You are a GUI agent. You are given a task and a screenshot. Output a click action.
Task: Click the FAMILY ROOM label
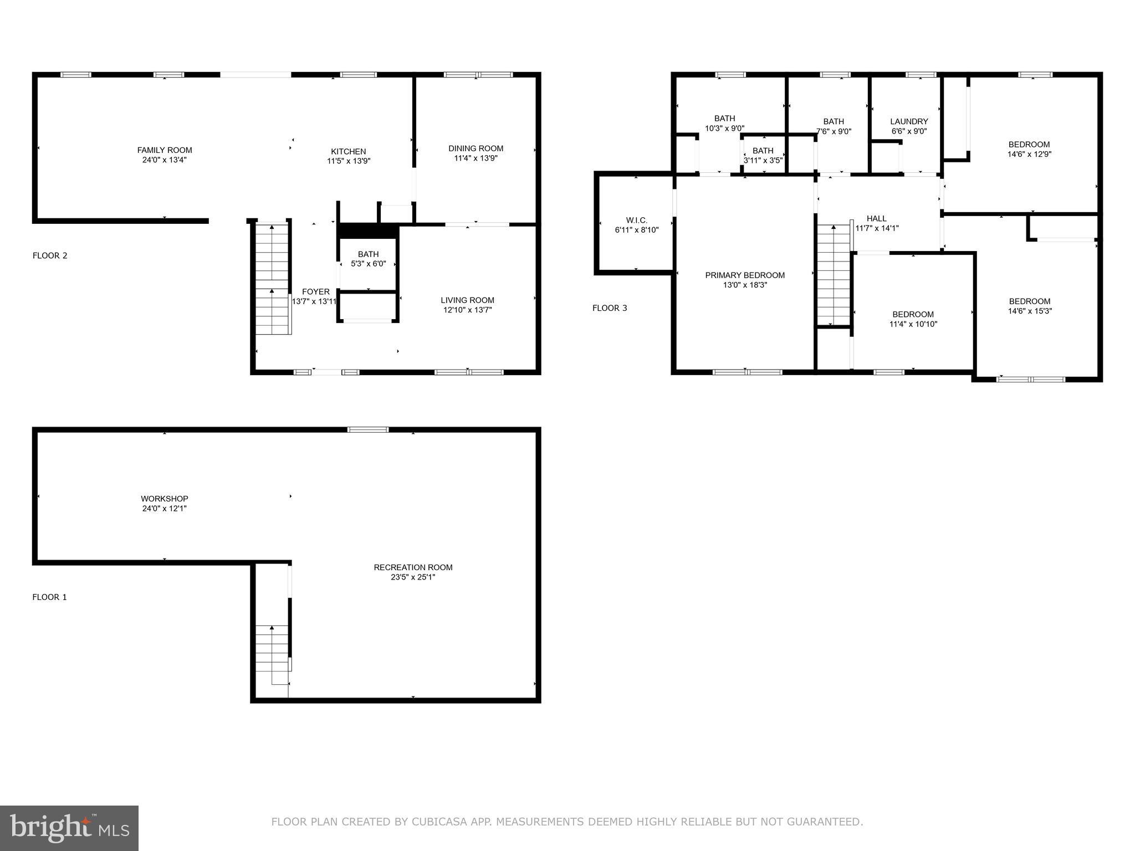point(165,150)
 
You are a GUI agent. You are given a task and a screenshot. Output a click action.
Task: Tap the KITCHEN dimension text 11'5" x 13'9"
point(348,161)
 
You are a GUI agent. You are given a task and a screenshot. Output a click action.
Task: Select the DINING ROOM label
point(476,148)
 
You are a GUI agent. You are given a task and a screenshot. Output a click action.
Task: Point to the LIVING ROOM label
point(467,300)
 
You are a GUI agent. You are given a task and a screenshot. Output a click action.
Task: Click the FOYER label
point(316,292)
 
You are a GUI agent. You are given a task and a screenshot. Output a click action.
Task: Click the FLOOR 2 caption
point(50,255)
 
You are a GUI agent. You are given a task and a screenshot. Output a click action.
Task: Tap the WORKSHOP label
point(164,499)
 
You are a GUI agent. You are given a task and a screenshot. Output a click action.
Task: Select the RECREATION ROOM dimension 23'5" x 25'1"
point(413,577)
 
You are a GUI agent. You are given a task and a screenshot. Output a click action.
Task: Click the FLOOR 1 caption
point(49,597)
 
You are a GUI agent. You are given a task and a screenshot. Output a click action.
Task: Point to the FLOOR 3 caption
point(610,308)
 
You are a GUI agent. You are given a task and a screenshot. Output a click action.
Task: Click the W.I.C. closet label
point(636,221)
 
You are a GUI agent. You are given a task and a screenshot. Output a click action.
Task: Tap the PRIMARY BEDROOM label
point(744,275)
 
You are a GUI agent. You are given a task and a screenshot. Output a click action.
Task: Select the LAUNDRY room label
point(909,122)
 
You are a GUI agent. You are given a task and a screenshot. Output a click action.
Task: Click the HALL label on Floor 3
point(877,219)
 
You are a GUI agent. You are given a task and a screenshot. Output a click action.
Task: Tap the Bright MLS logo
point(69,828)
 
